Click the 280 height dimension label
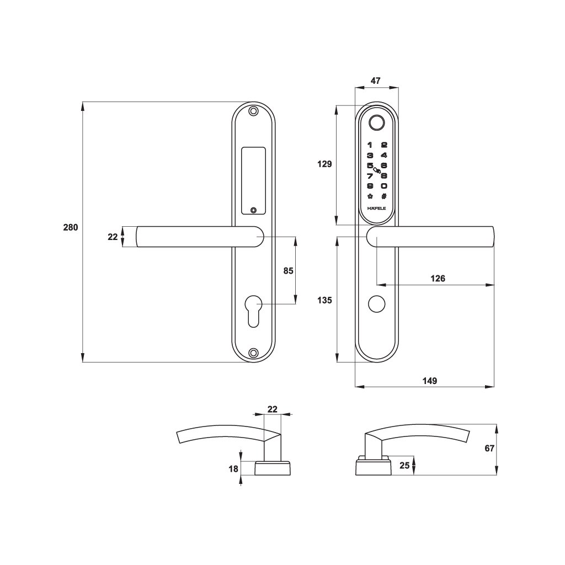click(71, 228)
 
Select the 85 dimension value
click(288, 270)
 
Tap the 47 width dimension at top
click(375, 81)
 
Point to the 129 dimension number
click(324, 164)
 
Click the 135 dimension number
click(324, 300)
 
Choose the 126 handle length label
click(438, 279)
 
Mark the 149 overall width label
click(430, 381)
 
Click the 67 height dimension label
click(489, 448)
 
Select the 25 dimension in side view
click(404, 466)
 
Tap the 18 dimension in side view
click(233, 469)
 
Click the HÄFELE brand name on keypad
click(376, 208)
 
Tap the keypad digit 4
click(384, 155)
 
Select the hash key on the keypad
click(384, 196)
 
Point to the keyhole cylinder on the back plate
click(254, 311)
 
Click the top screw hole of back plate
click(254, 111)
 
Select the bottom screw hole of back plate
click(254, 353)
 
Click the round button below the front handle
click(376, 304)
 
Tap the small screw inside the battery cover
click(254, 210)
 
